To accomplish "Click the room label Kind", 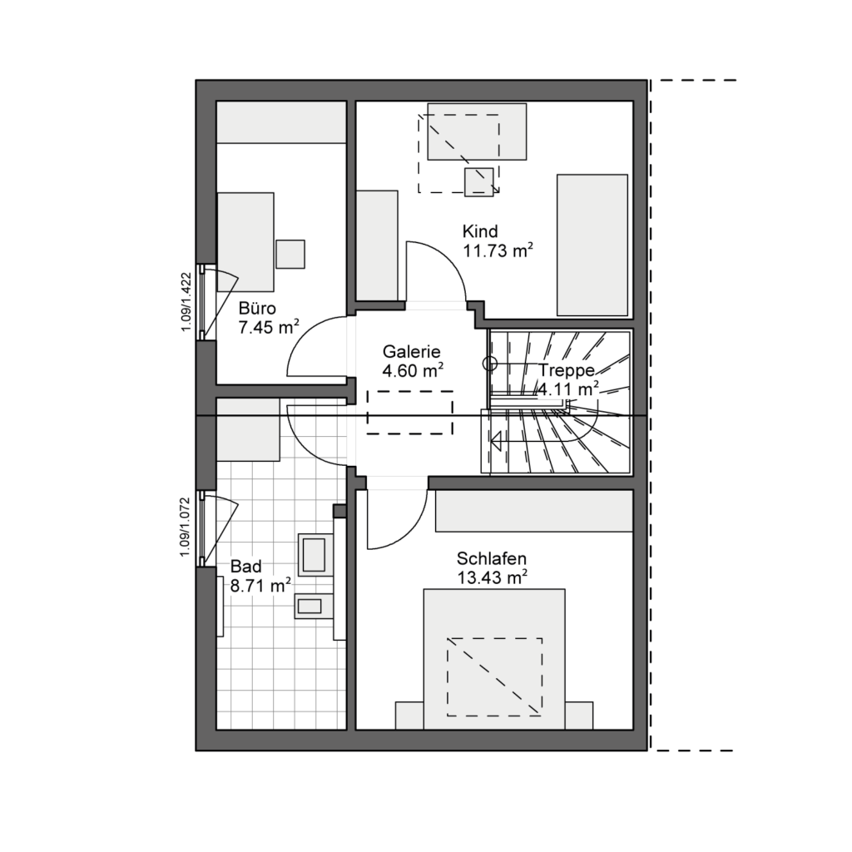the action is (x=480, y=231).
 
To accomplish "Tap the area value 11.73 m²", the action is (x=498, y=250).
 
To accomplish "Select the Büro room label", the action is (x=257, y=308).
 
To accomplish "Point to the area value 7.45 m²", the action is (x=269, y=328).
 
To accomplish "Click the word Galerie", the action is (x=411, y=352).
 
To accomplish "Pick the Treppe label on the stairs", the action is (x=566, y=370).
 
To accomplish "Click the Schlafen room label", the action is (x=491, y=558).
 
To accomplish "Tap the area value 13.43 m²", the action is (x=493, y=577).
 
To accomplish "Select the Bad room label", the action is (x=246, y=566).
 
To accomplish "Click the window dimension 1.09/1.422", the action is (x=186, y=302).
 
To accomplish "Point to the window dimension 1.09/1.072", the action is (x=186, y=527).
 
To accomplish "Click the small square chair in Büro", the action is (x=290, y=255).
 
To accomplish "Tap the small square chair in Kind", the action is (x=479, y=182).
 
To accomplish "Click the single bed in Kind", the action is (x=592, y=245).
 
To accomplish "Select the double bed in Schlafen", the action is (x=494, y=659).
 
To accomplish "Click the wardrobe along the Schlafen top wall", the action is (x=534, y=511).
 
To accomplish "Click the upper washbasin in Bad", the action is (x=314, y=554).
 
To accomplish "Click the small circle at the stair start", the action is (x=490, y=364).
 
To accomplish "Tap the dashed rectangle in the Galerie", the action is (x=410, y=413).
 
